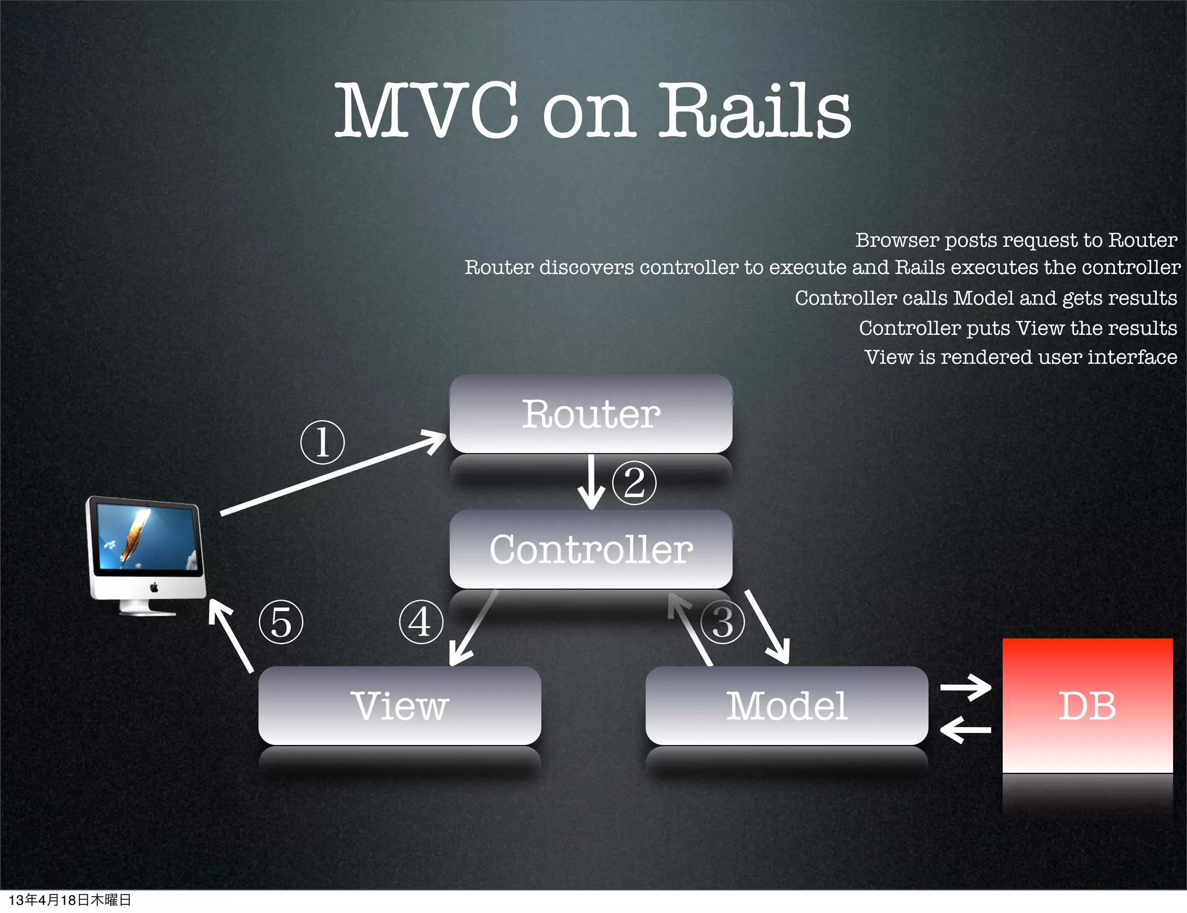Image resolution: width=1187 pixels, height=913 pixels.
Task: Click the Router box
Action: coord(591,414)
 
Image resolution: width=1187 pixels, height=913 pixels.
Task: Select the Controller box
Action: coord(591,549)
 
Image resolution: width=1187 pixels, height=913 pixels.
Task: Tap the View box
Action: coord(399,705)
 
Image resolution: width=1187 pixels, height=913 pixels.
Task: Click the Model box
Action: coord(787,705)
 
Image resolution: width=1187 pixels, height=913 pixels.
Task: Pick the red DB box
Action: coord(1087,705)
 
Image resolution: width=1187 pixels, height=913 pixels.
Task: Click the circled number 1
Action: coord(322,442)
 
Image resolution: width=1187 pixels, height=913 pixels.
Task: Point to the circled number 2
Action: coord(634,483)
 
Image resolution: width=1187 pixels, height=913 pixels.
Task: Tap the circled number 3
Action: coord(722,622)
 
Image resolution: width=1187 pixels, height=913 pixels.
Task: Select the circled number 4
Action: coord(421,622)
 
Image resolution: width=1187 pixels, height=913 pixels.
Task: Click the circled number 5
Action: coord(281,622)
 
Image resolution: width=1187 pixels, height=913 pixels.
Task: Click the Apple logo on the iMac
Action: coord(154,587)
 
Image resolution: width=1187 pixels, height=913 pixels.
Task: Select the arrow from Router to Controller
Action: coord(591,482)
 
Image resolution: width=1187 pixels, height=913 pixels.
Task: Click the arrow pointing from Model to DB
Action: coord(966,688)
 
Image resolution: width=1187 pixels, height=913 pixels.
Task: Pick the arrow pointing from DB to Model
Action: coord(966,730)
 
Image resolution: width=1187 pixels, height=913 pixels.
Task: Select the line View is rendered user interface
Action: coord(1020,357)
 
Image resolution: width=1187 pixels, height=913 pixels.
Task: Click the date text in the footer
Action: coord(70,900)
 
